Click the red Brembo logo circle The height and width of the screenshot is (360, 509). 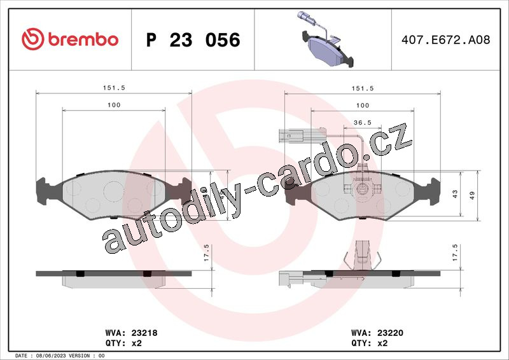pyautogui.click(x=33, y=39)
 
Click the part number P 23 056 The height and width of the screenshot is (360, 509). pyautogui.click(x=193, y=40)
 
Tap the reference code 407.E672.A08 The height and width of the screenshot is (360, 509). pyautogui.click(x=446, y=40)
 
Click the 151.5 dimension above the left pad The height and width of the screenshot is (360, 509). pyautogui.click(x=114, y=88)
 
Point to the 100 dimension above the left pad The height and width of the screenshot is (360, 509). pyautogui.click(x=114, y=105)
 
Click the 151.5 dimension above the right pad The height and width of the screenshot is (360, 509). pyautogui.click(x=363, y=88)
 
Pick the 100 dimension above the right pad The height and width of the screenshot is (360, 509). pyautogui.click(x=363, y=105)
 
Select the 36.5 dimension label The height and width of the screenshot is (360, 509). pyautogui.click(x=363, y=122)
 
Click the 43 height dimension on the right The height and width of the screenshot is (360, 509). pyautogui.click(x=455, y=194)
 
